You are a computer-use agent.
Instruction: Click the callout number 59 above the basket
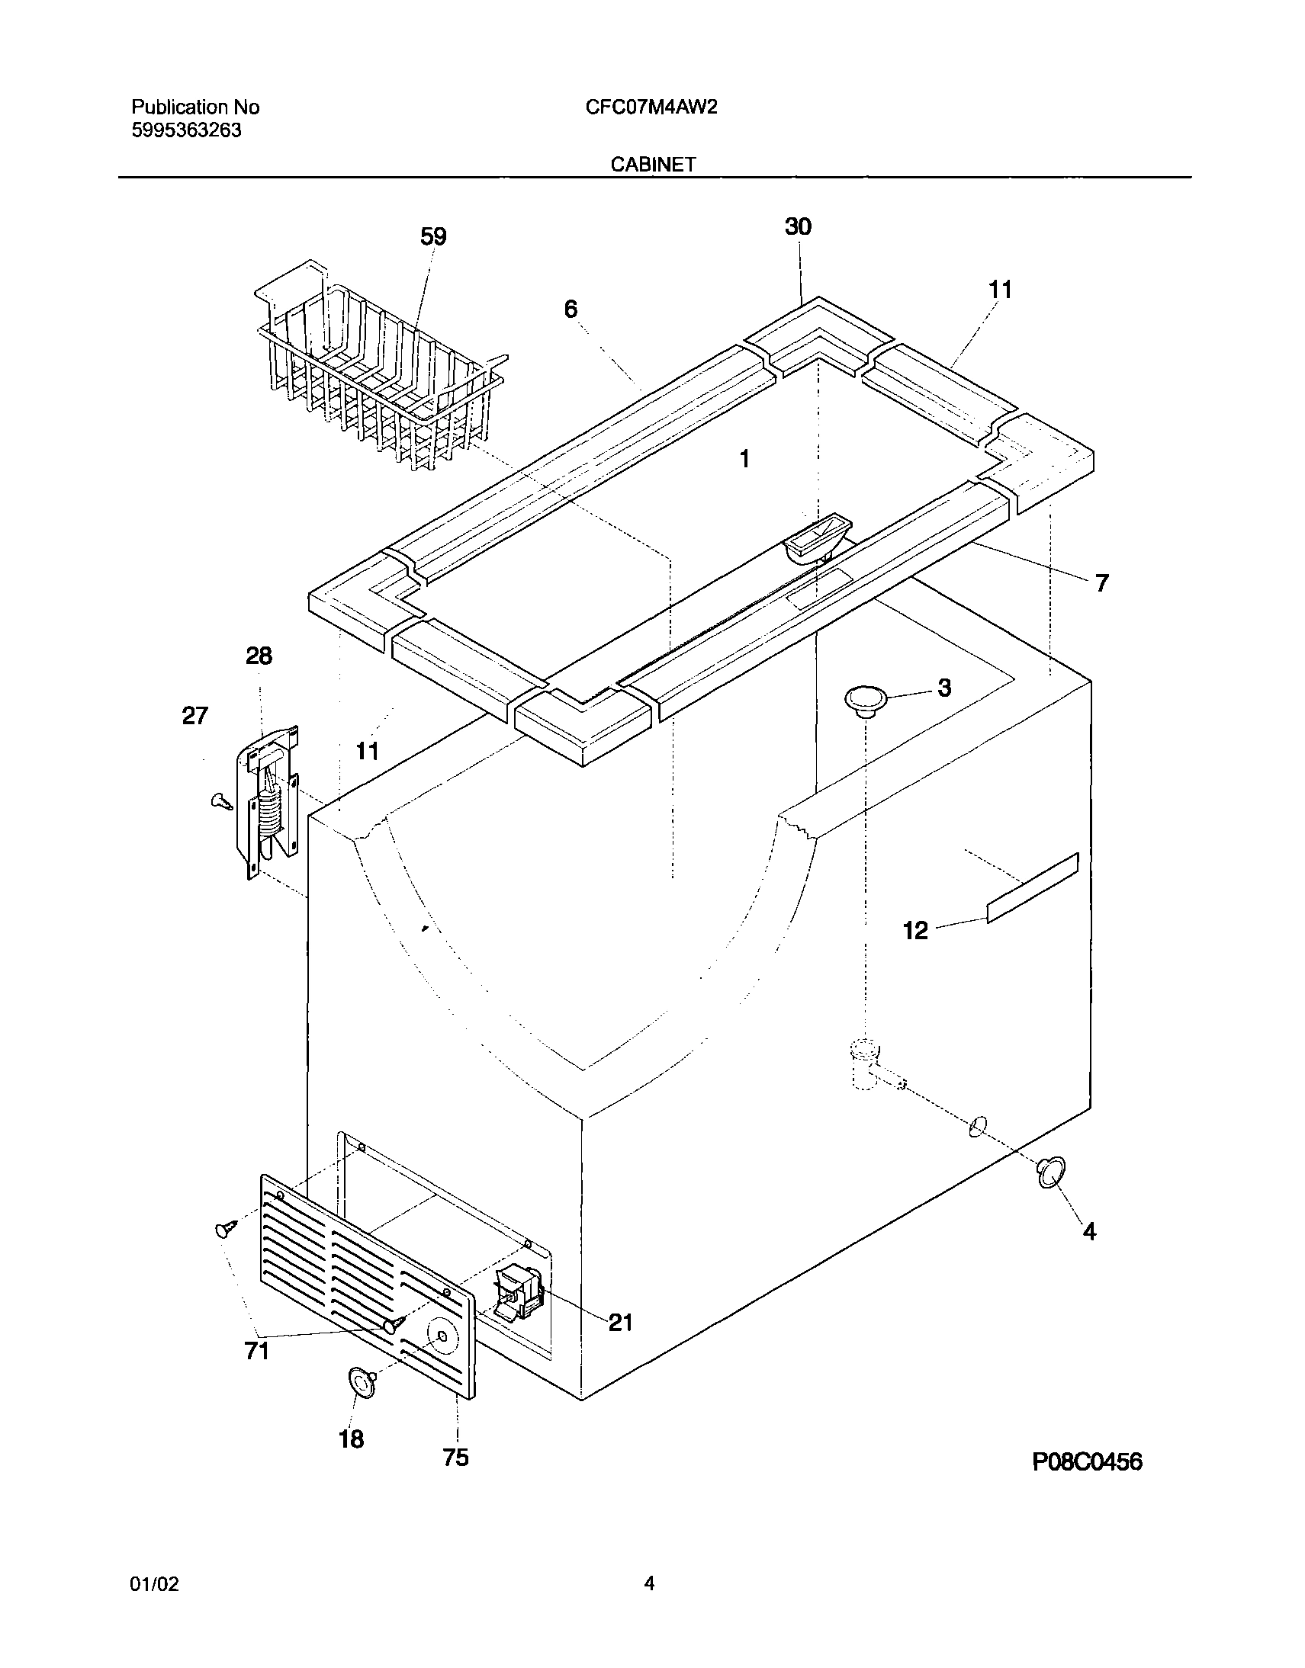[x=433, y=238]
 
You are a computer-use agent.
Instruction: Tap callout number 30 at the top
[x=798, y=227]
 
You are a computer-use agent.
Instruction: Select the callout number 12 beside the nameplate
[x=915, y=930]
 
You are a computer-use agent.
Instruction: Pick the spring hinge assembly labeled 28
[x=272, y=800]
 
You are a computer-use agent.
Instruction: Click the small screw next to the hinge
[x=221, y=800]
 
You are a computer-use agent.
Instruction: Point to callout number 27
[x=194, y=716]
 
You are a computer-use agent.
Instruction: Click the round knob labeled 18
[x=362, y=1383]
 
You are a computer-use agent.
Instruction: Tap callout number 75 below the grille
[x=455, y=1457]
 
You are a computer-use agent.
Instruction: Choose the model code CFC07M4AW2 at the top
[x=651, y=107]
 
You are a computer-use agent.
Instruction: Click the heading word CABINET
[x=653, y=164]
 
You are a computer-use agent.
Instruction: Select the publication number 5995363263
[x=186, y=130]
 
